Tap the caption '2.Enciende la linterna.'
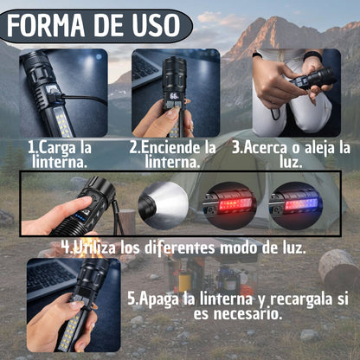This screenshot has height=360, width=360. pos(173,153)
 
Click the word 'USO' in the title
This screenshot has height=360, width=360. pos(149,27)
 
